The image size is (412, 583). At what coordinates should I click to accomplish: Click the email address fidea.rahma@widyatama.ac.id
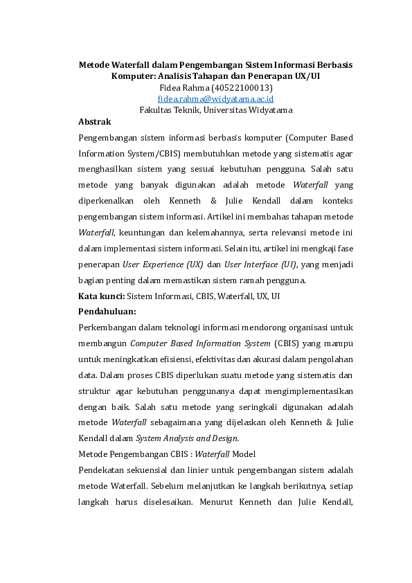pos(215,99)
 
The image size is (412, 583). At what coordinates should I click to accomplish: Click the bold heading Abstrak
pos(95,121)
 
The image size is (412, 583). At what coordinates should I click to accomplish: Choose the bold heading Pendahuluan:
pos(107,311)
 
